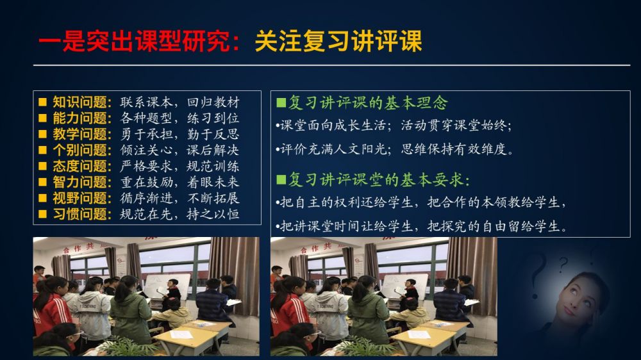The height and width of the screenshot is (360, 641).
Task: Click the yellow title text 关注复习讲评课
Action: (x=338, y=41)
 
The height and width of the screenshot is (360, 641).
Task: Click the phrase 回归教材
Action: (x=213, y=102)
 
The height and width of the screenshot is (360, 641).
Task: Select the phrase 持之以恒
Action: (x=213, y=214)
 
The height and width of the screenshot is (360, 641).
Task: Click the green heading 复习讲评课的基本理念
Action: (x=368, y=102)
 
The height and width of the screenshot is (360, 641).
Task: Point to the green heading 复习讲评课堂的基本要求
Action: (x=378, y=179)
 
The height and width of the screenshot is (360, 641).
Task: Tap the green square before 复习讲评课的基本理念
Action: (x=281, y=102)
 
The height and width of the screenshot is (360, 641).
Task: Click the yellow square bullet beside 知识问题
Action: (x=42, y=102)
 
